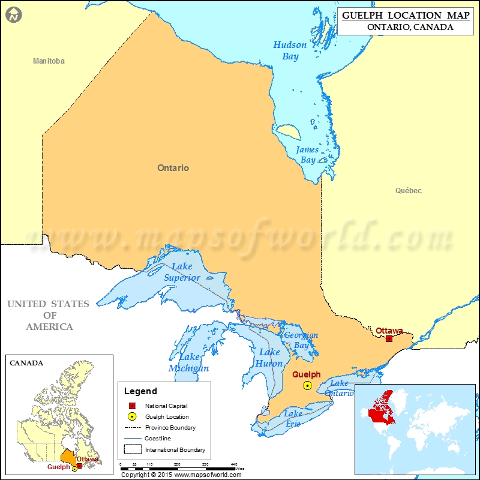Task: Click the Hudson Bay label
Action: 290,51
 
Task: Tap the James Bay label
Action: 306,155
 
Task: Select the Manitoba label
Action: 49,61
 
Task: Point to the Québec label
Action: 408,191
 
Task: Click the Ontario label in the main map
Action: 173,168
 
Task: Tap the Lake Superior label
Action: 182,272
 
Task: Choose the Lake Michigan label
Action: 188,363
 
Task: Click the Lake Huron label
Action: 269,358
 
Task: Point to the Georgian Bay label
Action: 301,340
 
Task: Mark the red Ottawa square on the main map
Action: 389,339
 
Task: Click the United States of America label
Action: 49,315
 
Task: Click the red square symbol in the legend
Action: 132,406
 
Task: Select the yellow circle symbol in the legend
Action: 132,417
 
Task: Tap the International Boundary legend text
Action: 175,449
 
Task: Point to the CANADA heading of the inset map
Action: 26,363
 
